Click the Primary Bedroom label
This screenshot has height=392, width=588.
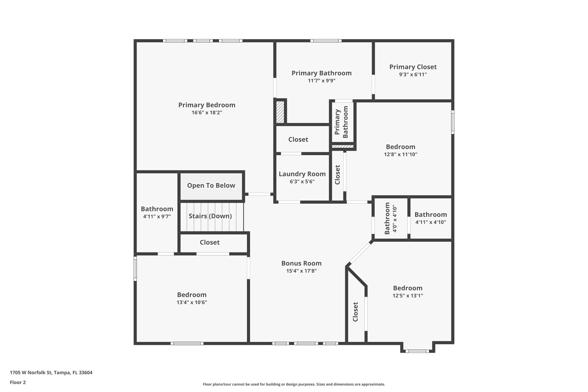[207, 105]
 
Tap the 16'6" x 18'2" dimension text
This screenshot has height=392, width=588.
[207, 113]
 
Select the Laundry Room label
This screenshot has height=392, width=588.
[302, 174]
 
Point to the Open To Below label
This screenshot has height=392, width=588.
[211, 186]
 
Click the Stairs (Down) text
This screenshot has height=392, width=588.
[210, 216]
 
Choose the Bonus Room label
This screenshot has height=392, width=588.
[301, 263]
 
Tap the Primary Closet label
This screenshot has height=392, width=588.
[413, 67]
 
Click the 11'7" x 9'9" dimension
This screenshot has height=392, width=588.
[322, 81]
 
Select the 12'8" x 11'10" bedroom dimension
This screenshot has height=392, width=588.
[401, 155]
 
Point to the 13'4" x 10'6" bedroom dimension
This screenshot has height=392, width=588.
[192, 302]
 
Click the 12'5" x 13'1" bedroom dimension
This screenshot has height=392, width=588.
[408, 296]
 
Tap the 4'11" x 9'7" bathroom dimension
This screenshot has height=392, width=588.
[157, 217]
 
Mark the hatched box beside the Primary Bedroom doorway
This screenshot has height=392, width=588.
[280, 112]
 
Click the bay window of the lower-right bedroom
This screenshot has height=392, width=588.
[417, 351]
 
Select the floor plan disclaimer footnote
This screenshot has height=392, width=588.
[294, 384]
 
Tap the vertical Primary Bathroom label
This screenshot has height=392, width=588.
[341, 122]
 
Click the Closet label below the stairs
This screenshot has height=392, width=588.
[210, 242]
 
